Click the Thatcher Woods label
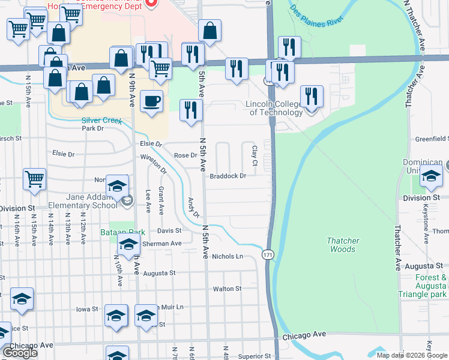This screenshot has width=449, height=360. (343, 245)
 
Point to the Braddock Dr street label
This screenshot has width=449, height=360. (228, 176)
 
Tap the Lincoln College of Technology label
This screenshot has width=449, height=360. (274, 108)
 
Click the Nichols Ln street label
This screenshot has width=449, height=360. (227, 256)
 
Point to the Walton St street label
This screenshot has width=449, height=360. (227, 289)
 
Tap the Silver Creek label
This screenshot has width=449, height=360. (101, 120)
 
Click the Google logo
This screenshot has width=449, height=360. (20, 353)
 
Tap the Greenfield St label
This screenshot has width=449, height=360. (432, 139)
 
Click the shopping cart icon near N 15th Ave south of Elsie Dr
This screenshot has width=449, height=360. (35, 178)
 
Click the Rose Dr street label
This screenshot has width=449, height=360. (185, 155)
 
